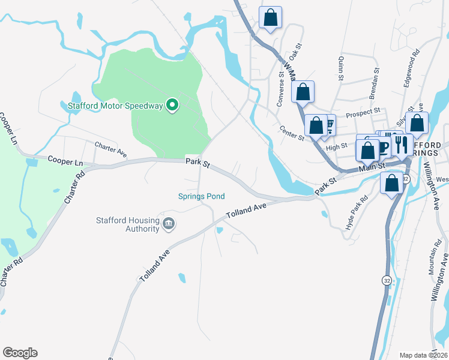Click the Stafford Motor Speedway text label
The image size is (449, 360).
(x=115, y=106)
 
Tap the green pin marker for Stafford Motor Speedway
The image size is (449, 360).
(x=172, y=106)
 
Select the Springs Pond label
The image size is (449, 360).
(x=201, y=196)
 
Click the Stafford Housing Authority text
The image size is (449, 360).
(x=127, y=224)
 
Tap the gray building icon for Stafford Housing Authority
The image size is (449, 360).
(x=169, y=224)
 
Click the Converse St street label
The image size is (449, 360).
(x=280, y=90)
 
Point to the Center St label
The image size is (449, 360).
(x=292, y=133)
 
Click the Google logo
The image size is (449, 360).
(x=20, y=352)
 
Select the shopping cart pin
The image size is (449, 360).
(x=329, y=125)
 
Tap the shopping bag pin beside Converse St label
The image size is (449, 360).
(x=303, y=92)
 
